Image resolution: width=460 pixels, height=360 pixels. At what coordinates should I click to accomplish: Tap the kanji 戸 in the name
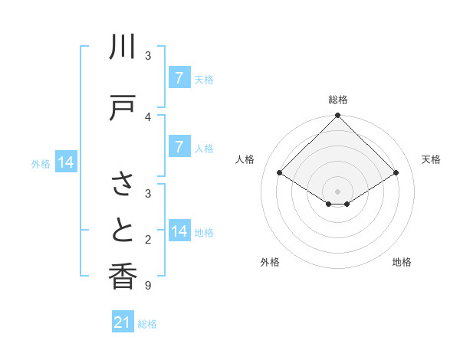pos(123,108)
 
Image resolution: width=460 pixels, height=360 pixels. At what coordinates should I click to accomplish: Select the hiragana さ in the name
pos(123,184)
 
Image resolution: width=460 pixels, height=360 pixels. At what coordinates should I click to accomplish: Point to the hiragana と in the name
pos(123,229)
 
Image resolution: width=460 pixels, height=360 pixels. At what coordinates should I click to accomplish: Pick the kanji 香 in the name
pos(123,276)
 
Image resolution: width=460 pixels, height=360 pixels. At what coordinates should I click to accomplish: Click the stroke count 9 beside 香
pos(147,286)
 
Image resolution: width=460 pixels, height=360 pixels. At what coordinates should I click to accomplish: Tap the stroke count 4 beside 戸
pos(147,116)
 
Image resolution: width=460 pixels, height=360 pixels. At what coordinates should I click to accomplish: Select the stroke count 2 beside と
pos(147,241)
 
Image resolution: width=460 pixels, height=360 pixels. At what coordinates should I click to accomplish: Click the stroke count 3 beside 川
pos(147,55)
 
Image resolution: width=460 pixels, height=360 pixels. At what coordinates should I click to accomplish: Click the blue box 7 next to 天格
pos(179,78)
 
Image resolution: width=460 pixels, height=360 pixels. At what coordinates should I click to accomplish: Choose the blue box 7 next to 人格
pos(179,147)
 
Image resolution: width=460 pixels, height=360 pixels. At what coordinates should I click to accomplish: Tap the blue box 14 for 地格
pos(180,231)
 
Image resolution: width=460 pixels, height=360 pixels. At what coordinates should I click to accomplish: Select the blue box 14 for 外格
pos(65,163)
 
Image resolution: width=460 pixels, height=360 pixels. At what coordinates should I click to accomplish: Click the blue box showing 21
pos(123,322)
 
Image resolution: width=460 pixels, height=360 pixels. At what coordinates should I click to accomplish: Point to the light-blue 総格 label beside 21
pos(147,324)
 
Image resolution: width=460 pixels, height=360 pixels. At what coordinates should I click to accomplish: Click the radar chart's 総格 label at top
pos(338,100)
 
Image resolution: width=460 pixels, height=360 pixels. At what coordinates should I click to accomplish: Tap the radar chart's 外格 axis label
pos(270,262)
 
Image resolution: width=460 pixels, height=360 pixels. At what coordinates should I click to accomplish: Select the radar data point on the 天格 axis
pos(396,173)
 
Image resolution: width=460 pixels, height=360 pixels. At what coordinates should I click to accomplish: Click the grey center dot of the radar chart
pos(338,191)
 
